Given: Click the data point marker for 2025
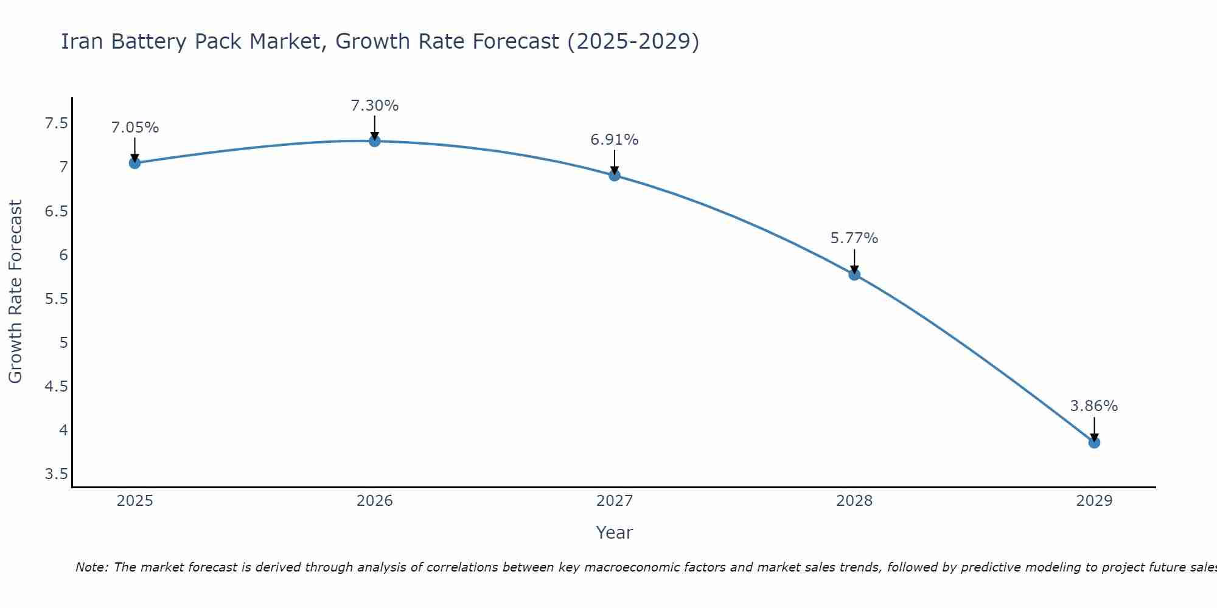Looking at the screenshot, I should [134, 163].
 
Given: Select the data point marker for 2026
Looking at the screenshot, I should [375, 141].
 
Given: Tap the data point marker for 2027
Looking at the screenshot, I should [615, 176].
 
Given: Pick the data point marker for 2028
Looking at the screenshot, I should [854, 275].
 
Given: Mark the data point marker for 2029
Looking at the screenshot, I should [1094, 443].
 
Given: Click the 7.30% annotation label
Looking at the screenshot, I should [375, 106].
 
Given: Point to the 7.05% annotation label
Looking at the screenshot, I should [134, 128].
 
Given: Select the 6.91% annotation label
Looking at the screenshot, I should [615, 140].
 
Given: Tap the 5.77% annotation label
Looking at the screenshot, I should [854, 238].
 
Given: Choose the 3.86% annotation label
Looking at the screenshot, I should [1094, 406].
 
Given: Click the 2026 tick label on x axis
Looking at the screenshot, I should [375, 501].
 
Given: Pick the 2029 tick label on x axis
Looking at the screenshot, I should [1094, 501].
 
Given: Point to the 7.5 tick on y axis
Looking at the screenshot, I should [56, 124].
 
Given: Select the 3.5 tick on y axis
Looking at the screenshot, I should [56, 474].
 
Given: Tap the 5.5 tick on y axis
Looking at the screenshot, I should [56, 299].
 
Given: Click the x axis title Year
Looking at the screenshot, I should [615, 533].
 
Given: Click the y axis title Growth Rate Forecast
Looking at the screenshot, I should [15, 292].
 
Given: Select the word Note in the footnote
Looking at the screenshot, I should [91, 567].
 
